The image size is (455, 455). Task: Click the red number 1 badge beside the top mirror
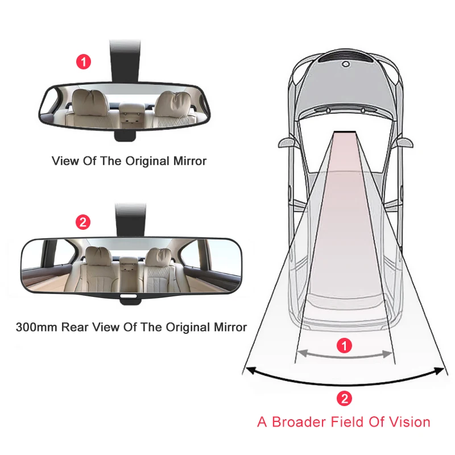coord(84,62)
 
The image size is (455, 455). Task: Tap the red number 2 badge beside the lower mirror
coord(83,222)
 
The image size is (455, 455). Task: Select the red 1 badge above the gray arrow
coord(345,346)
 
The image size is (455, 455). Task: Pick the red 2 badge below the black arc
coord(345,399)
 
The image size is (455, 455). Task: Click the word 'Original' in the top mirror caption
coord(147,161)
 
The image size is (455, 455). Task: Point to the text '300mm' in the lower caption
coord(37,328)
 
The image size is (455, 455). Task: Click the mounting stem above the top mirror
coord(125,61)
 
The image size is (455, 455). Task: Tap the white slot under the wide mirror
coord(129,296)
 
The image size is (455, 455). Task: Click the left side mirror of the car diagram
coord(287,143)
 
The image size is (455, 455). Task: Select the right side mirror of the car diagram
coord(404,143)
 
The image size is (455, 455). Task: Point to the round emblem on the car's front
coord(345,64)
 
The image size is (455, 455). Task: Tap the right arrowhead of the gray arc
coord(388,354)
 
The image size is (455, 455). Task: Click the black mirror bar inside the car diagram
coord(345,133)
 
